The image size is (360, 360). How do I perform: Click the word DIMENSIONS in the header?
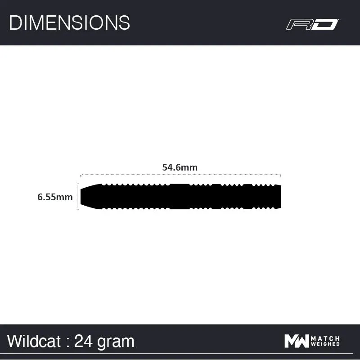(69, 22)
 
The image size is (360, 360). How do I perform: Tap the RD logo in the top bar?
(312, 24)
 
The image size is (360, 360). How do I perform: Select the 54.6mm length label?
(180, 167)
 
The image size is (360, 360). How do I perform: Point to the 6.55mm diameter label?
(55, 197)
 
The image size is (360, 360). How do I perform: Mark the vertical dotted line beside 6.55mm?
(78, 197)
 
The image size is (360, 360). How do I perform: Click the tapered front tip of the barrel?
(88, 196)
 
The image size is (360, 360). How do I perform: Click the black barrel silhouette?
(180, 196)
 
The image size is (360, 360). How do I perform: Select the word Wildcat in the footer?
(34, 341)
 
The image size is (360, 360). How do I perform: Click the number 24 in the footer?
(84, 341)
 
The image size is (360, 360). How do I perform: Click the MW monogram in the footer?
(297, 341)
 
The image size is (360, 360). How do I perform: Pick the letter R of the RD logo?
(299, 24)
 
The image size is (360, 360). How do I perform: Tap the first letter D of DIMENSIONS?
(15, 22)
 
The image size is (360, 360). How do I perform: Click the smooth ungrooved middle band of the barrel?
(180, 196)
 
